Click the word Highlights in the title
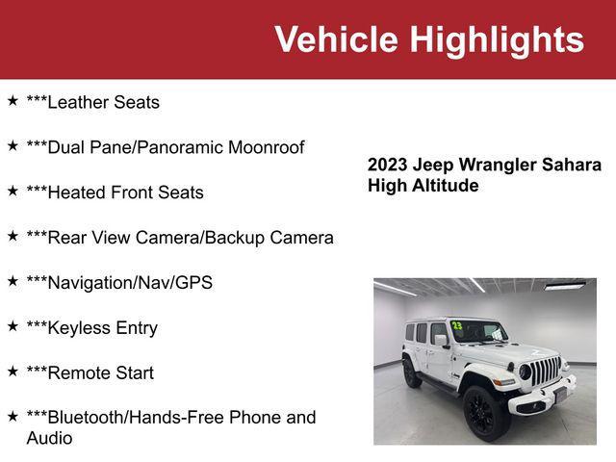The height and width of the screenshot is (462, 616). click(497, 39)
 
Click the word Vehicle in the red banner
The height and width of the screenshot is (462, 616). click(336, 39)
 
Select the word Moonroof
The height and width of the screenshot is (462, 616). click(266, 147)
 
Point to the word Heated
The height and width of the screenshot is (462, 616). click(76, 192)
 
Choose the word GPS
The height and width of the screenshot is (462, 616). click(193, 283)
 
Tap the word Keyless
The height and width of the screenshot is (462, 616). click(80, 328)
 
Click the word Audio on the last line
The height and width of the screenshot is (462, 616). click(49, 438)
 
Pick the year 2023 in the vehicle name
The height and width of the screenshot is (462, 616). click(388, 165)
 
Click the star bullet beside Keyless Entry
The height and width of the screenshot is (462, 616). click(13, 326)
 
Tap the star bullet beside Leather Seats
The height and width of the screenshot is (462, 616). click(13, 100)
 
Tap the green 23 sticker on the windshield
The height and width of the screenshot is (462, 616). click(457, 326)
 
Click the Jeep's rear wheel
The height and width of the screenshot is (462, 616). click(412, 372)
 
